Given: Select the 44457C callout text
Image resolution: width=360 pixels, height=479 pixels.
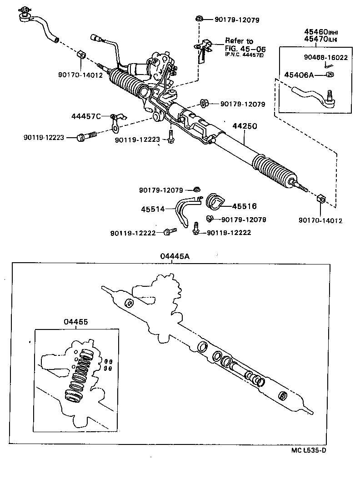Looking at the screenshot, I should tap(86, 116).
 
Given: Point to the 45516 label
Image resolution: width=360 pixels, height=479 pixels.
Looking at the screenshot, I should tap(244, 206).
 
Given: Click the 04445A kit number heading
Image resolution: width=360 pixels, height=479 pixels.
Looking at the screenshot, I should tap(175, 256).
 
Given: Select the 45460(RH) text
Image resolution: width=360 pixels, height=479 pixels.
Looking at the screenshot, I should tap(323, 32).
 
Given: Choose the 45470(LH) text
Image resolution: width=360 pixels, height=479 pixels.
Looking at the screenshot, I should tap(323, 40).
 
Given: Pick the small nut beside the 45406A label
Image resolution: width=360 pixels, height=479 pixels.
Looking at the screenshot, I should tap(330, 75).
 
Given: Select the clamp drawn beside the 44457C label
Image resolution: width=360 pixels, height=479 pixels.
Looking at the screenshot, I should tap(115, 120).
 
